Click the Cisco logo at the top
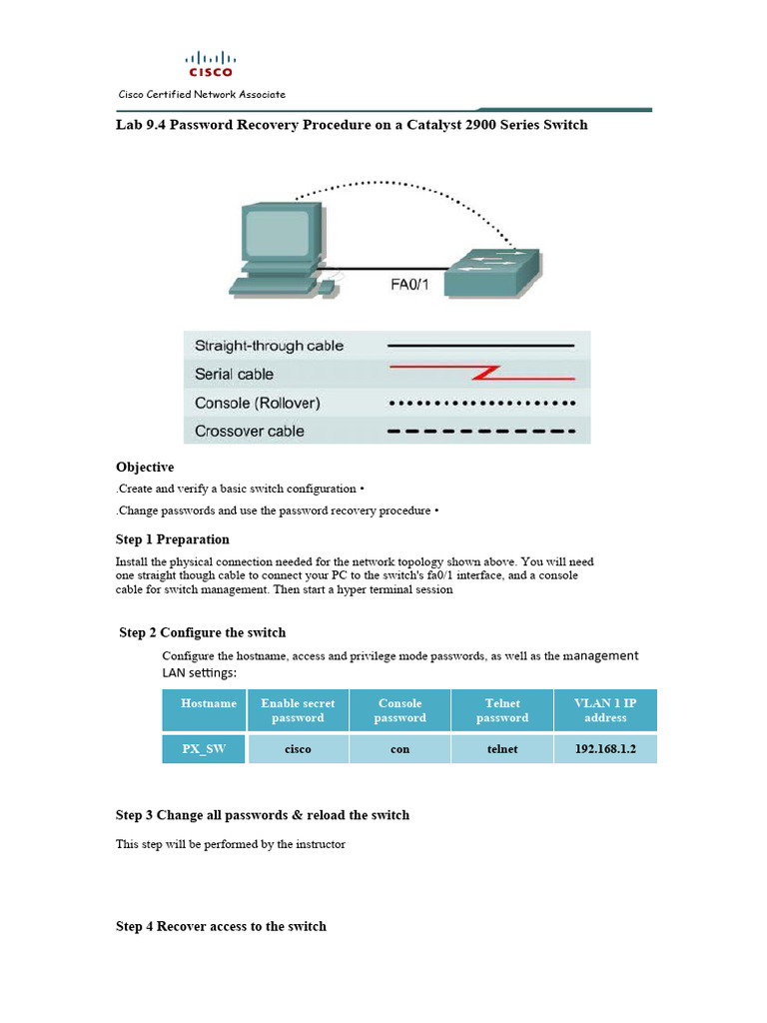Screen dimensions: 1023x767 point(211,64)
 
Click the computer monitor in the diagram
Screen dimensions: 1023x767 point(283,236)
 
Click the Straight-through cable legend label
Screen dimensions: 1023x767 point(269,346)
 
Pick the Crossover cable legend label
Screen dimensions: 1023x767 point(249,432)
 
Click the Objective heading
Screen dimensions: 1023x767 point(145,467)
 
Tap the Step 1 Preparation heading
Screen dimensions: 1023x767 point(173,539)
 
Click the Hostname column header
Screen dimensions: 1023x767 point(209,703)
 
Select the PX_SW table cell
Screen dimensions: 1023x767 point(204,748)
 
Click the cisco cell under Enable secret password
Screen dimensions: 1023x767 point(298,748)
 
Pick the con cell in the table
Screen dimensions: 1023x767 point(399,748)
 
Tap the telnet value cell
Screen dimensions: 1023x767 point(502,748)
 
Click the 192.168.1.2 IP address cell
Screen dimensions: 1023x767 point(605,748)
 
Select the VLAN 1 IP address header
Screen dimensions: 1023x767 point(605,710)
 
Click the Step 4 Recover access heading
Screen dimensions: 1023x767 point(221,926)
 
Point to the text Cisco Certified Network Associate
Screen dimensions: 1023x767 point(202,94)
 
